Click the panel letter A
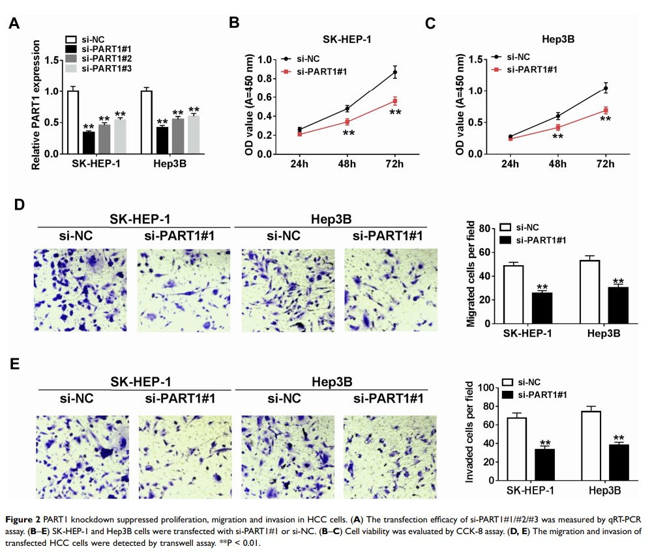14,24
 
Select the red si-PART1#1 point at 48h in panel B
348,122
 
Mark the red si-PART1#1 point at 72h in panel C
605,111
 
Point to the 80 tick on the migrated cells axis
483,229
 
